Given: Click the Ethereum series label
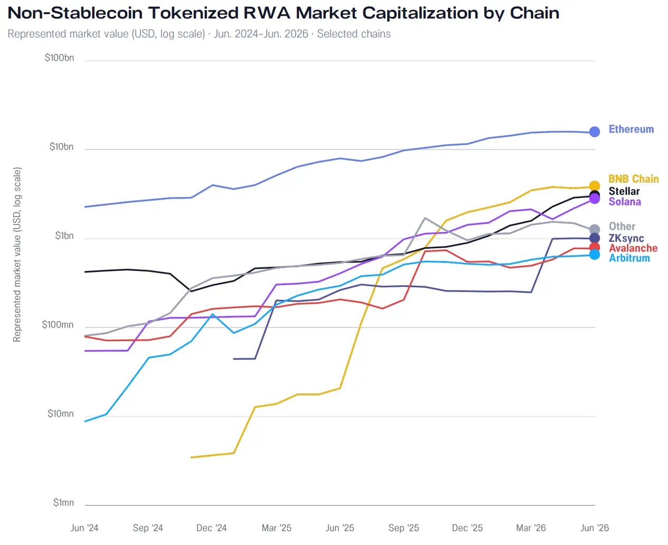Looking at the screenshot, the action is [631, 129].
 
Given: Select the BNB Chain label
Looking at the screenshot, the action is [633, 178].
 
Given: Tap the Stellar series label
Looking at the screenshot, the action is [624, 191].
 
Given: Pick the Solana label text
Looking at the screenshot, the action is [625, 202].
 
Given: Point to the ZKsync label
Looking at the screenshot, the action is [626, 238].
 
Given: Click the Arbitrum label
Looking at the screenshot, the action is [629, 258].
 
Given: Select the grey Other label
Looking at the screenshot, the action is [622, 226].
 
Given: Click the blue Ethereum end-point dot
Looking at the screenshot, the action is [595, 131].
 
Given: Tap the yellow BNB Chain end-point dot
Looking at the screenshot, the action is [595, 186].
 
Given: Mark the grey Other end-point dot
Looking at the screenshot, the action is [595, 229].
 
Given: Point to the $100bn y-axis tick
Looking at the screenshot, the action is [59, 58].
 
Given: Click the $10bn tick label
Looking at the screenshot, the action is [61, 147].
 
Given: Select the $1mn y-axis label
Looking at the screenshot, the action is [63, 503].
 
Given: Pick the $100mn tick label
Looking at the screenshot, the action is [58, 325].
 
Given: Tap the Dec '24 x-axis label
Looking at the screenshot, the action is [211, 528].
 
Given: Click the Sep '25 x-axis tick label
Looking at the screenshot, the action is [403, 528].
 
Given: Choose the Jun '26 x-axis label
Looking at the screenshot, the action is [595, 528].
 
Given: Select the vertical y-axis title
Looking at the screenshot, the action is [17, 255].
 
